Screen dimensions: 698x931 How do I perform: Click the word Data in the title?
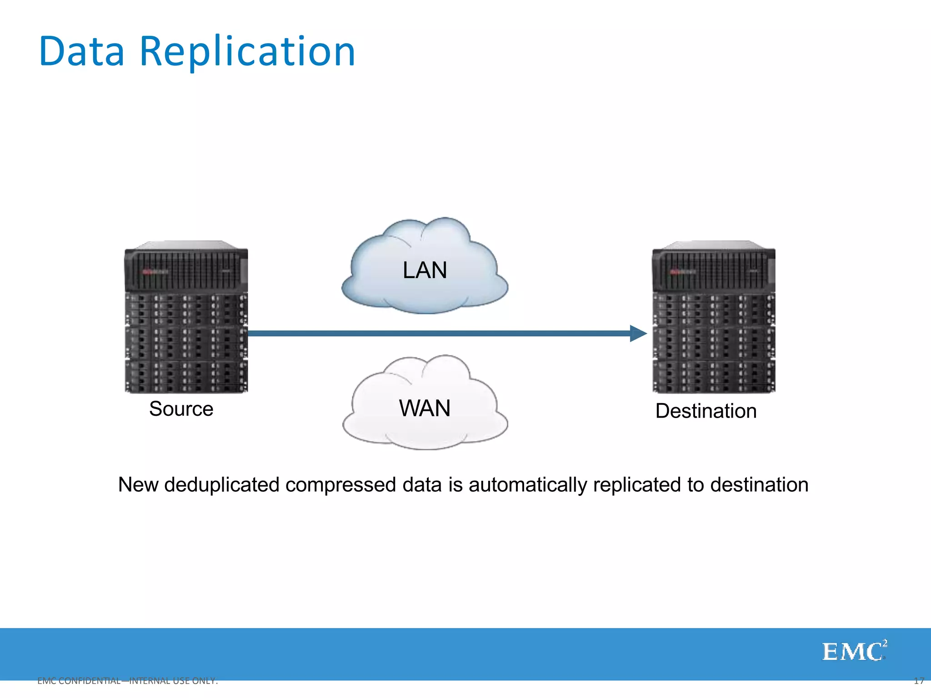point(82,51)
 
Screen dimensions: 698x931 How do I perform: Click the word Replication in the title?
point(247,51)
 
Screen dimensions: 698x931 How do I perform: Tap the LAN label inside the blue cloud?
point(425,270)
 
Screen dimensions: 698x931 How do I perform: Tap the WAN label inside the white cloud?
point(425,408)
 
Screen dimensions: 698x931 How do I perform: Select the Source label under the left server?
point(181,409)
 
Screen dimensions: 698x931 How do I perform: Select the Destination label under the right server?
point(706,411)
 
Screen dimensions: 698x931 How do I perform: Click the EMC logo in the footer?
point(854,652)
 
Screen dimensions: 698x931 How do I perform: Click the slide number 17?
point(919,681)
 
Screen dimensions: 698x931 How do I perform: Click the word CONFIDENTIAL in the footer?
point(90,681)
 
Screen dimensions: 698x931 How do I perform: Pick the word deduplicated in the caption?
point(222,485)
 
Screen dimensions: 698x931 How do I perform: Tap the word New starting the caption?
point(138,485)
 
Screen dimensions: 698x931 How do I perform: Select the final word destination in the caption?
point(759,485)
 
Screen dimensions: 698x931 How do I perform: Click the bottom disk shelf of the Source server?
point(186,376)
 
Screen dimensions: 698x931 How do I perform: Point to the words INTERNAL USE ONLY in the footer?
point(173,681)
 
